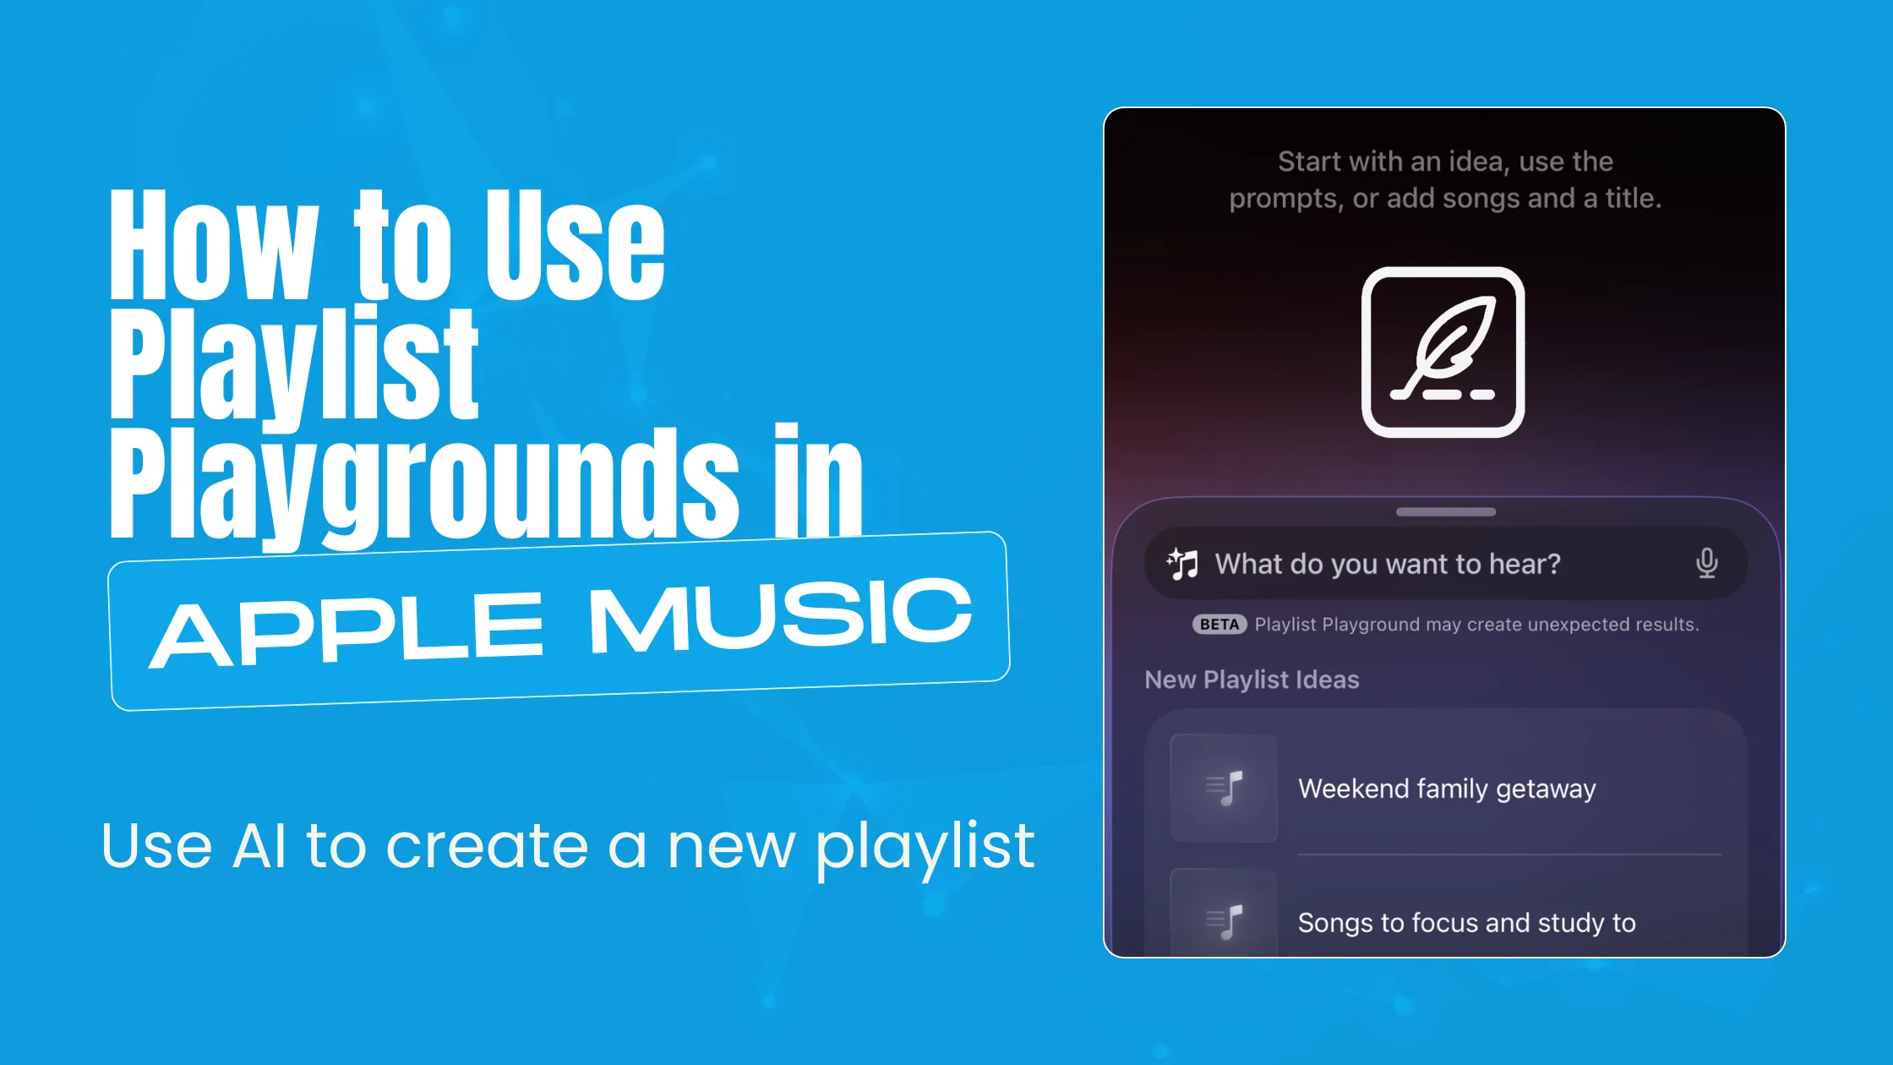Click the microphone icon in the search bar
(x=1706, y=563)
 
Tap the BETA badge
(x=1219, y=625)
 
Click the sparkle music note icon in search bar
(x=1182, y=563)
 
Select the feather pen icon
(x=1443, y=352)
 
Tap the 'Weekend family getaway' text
(x=1447, y=789)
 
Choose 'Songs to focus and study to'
(x=1466, y=923)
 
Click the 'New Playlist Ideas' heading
(x=1252, y=680)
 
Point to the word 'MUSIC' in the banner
(x=780, y=615)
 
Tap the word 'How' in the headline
(x=213, y=245)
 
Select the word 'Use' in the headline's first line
(x=575, y=245)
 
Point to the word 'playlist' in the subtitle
(x=925, y=847)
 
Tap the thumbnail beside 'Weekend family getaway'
(x=1223, y=789)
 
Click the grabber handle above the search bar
(x=1445, y=512)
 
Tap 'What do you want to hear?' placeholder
(x=1388, y=564)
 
